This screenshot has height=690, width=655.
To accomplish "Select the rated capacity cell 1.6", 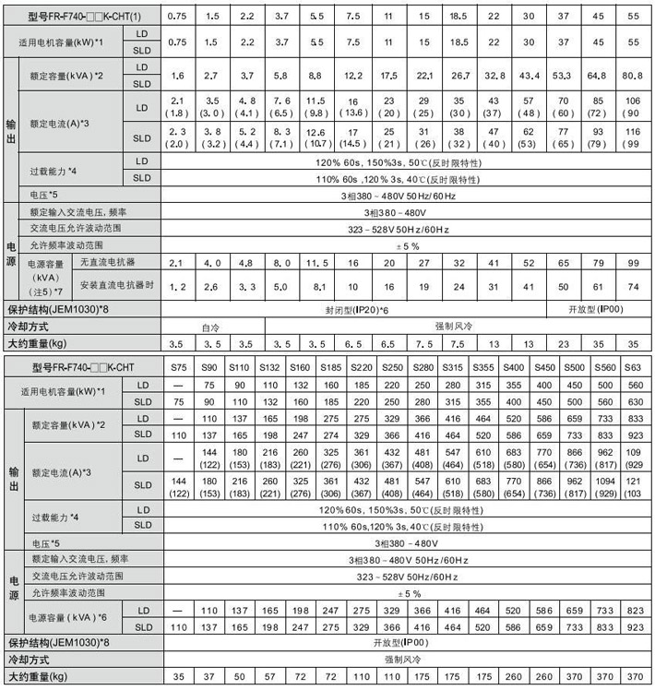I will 178,75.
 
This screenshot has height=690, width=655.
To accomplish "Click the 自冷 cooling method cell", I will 212,327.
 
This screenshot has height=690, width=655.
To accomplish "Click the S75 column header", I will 178,367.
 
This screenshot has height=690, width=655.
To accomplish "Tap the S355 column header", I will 482,367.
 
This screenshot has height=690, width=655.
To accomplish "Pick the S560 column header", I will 604,367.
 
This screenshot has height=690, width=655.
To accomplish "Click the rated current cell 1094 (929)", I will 604,485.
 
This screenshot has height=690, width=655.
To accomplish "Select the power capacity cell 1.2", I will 178,286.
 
